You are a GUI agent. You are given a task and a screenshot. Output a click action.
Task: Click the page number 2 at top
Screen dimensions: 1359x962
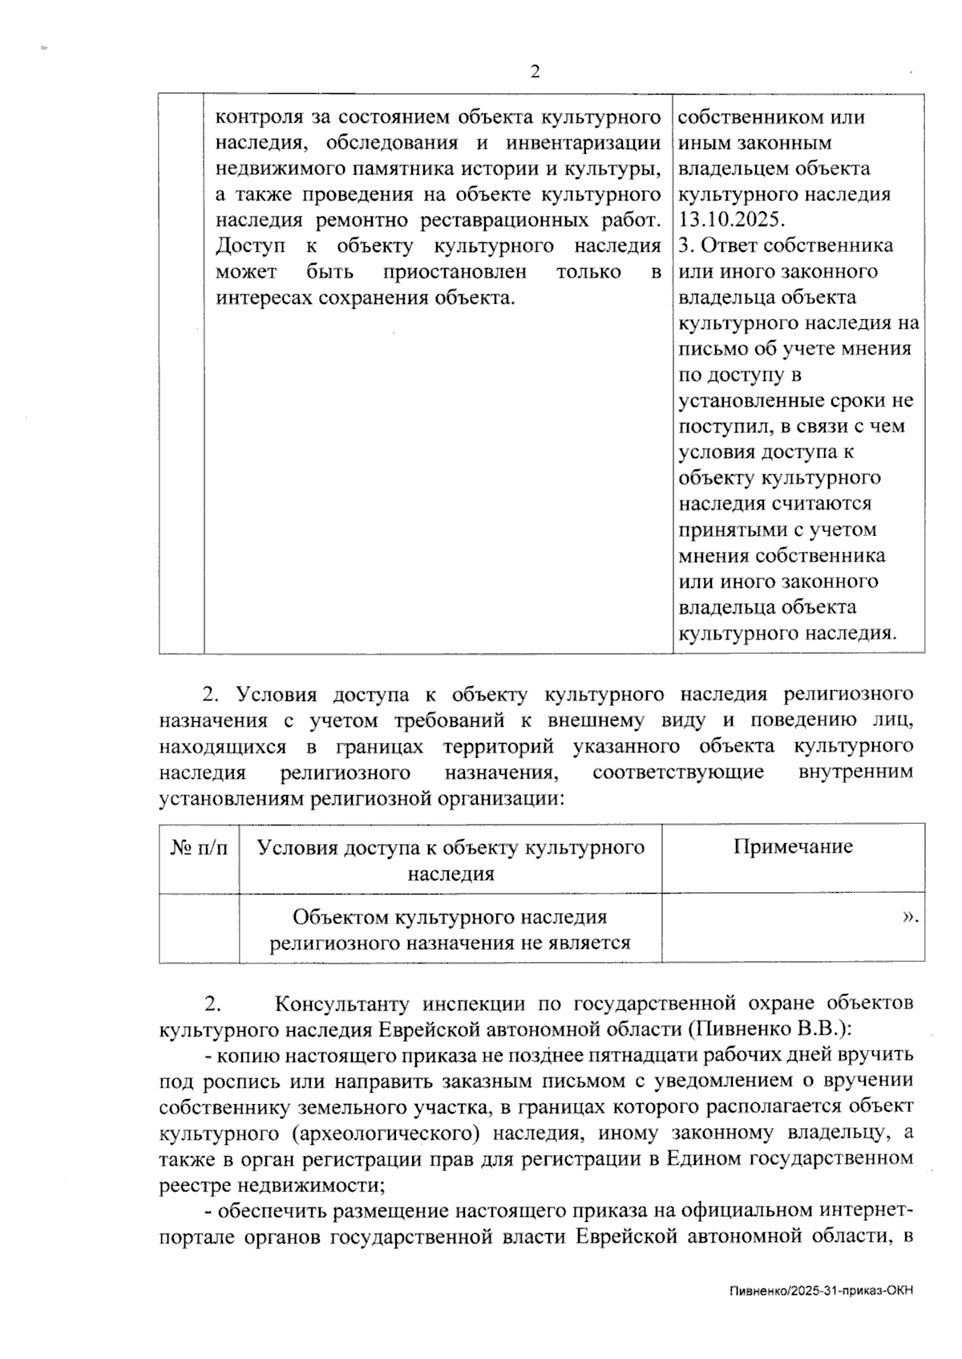pyautogui.click(x=535, y=72)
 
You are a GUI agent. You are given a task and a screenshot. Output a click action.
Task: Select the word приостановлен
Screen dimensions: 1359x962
pyautogui.click(x=455, y=272)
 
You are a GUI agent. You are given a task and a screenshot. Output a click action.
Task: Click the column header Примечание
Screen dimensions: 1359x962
pyautogui.click(x=793, y=846)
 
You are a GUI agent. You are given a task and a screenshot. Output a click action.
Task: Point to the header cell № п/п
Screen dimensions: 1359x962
pyautogui.click(x=199, y=847)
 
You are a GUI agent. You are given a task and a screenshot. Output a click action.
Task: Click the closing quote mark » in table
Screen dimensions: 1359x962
pyautogui.click(x=910, y=916)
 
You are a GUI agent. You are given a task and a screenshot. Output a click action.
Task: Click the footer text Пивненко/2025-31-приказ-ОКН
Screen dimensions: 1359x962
pyautogui.click(x=822, y=1291)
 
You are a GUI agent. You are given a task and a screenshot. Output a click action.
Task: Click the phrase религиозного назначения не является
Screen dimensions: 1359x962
pyautogui.click(x=450, y=943)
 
